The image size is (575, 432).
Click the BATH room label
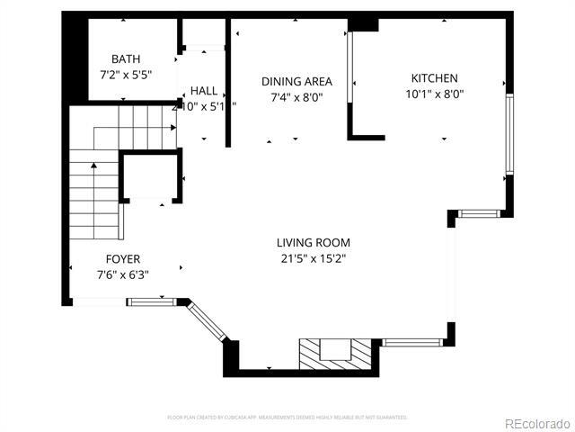tap(126, 58)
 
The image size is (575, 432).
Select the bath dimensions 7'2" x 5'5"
tap(126, 75)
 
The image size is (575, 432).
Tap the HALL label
tap(203, 91)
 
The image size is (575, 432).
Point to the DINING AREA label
tap(296, 81)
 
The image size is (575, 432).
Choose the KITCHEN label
tap(434, 78)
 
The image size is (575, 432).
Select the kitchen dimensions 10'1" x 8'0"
tap(434, 94)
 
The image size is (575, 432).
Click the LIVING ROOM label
tap(313, 242)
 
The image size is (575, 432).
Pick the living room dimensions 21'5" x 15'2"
tap(313, 258)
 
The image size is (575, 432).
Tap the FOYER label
tap(122, 259)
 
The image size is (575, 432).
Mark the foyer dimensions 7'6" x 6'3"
tap(122, 275)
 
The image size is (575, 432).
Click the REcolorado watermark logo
tap(535, 423)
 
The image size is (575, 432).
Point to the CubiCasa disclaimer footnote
tap(287, 418)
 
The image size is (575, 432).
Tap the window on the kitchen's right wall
tap(509, 135)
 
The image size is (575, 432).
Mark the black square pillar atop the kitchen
tap(364, 23)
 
